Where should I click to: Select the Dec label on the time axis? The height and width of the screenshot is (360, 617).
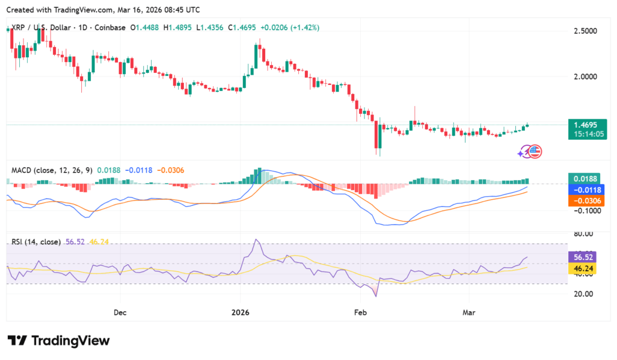(x=119, y=312)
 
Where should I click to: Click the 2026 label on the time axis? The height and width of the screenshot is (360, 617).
(x=240, y=312)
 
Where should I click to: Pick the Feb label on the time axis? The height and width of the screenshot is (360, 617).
(x=360, y=312)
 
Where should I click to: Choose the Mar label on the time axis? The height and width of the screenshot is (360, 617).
(x=469, y=312)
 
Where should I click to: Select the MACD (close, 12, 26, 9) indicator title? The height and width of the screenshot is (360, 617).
(x=52, y=170)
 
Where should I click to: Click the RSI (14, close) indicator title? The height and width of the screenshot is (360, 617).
(x=36, y=242)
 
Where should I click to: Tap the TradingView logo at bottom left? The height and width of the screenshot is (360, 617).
(x=58, y=341)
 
